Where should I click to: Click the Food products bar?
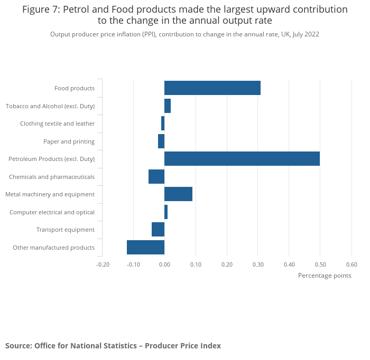click(212, 88)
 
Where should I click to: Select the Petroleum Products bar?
click(242, 158)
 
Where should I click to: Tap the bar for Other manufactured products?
click(145, 247)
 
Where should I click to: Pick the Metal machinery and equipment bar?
click(178, 194)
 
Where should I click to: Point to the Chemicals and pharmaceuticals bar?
click(156, 176)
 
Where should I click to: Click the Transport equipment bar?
click(158, 229)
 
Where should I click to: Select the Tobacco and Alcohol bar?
click(168, 106)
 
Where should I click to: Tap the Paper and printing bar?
click(161, 141)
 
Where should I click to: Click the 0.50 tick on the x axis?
click(320, 264)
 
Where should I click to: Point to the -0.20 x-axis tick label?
click(103, 264)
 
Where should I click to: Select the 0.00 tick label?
click(164, 264)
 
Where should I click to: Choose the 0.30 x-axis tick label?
click(258, 264)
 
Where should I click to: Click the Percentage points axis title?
click(325, 275)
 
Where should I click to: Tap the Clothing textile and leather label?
click(57, 124)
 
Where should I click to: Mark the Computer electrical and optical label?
click(52, 212)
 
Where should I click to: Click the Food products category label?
click(75, 88)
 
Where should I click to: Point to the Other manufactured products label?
click(53, 248)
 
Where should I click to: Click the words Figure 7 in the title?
click(40, 10)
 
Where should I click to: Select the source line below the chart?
click(113, 346)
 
